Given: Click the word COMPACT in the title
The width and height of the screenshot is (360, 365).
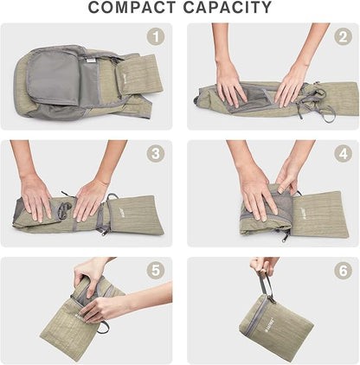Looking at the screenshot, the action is click(132, 8).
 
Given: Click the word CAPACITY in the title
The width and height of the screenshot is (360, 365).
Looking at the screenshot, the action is click(228, 8).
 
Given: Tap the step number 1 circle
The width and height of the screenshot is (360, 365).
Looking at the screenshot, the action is click(156, 36).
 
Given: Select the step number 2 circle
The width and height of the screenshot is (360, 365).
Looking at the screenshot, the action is click(343, 36).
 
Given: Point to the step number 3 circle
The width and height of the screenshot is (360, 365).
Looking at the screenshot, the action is click(156, 153).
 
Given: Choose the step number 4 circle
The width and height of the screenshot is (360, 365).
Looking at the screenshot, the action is click(343, 153).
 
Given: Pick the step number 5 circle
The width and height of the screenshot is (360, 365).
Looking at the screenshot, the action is click(156, 271).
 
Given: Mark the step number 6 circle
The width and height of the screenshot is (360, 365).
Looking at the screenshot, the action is click(343, 271).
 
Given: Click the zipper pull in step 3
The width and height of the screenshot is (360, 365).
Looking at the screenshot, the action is click(104, 232).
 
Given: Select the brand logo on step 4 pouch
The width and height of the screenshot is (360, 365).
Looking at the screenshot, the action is click(303, 214).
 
